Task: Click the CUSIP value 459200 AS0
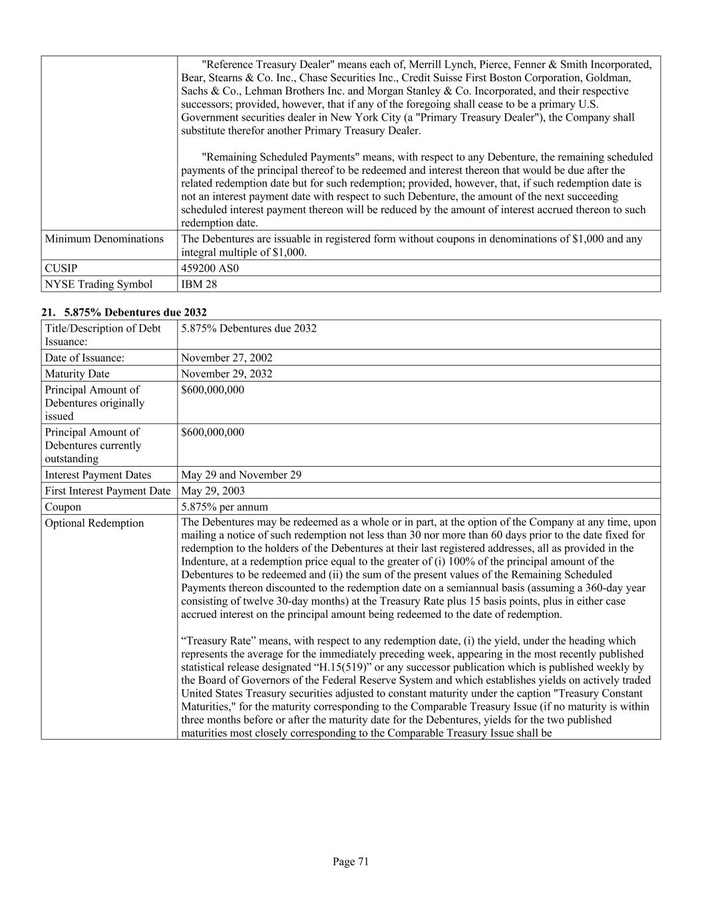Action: (x=210, y=268)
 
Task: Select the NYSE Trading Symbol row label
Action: (x=98, y=284)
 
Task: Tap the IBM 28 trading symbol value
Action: (x=199, y=284)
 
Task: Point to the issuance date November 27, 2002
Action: (x=226, y=358)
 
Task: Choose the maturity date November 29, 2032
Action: (x=226, y=374)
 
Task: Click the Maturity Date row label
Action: (x=77, y=374)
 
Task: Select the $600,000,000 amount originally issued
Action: (x=212, y=390)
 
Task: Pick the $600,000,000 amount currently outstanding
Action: (x=212, y=432)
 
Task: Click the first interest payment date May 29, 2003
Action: (x=212, y=491)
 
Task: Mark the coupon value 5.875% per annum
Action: (x=224, y=507)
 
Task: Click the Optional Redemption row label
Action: (x=94, y=523)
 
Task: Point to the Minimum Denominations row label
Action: (x=104, y=239)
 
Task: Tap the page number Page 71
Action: (x=351, y=862)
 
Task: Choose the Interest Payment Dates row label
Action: (x=98, y=475)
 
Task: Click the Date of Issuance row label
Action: (x=85, y=358)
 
